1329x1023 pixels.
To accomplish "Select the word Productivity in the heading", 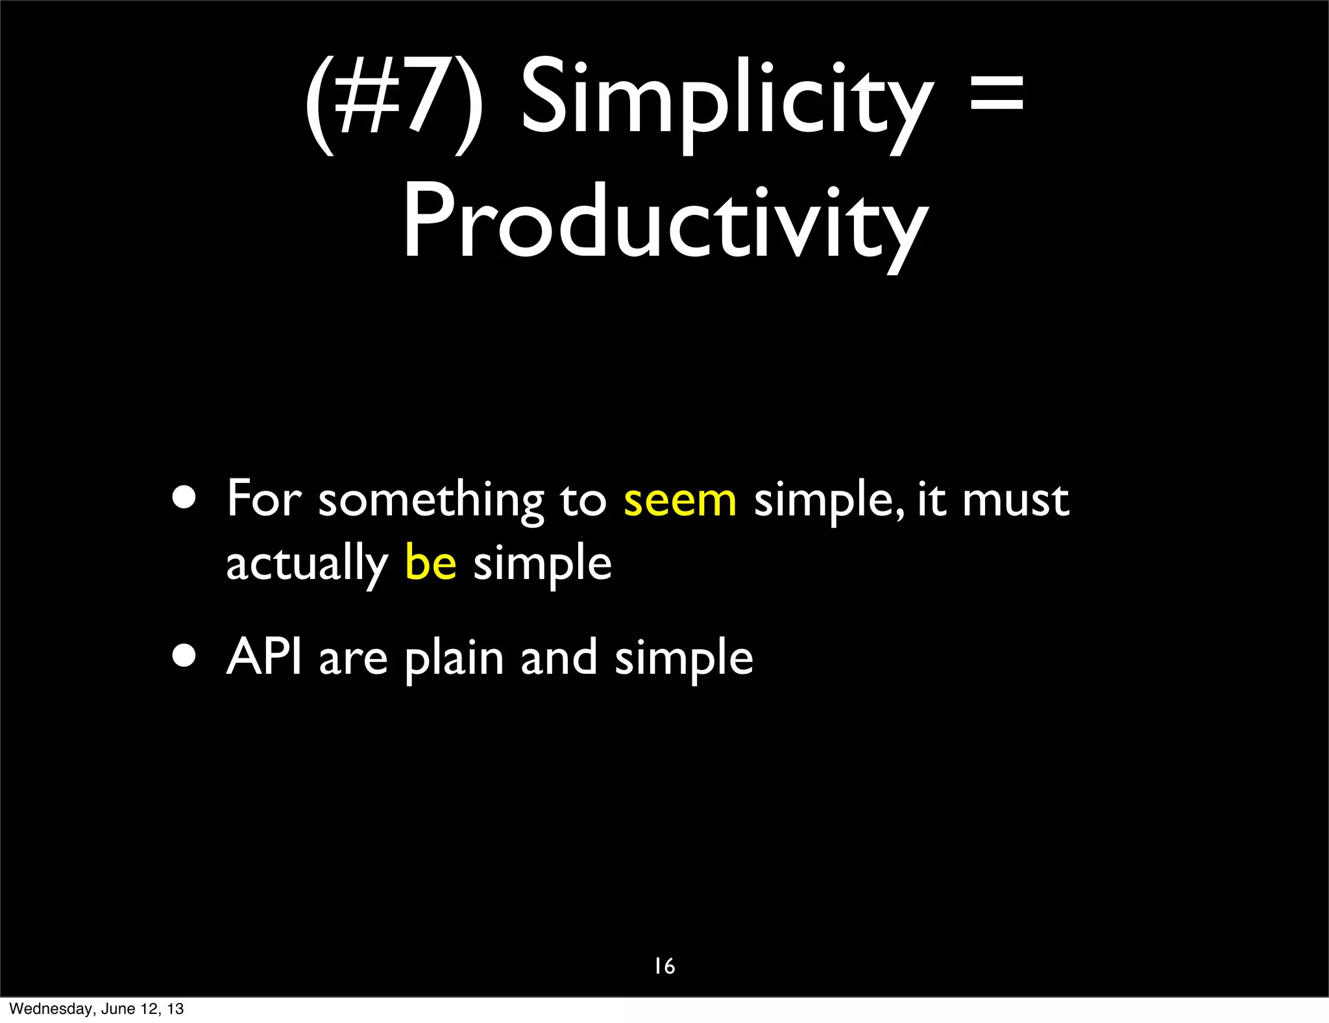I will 665,224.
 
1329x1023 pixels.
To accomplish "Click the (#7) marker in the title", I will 395,104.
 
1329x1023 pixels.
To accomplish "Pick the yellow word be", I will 431,562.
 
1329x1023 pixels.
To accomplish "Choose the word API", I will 264,657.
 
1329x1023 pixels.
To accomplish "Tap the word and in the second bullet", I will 559,657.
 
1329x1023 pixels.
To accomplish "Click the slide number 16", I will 664,967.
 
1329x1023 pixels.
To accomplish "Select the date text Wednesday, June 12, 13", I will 97,1009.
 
